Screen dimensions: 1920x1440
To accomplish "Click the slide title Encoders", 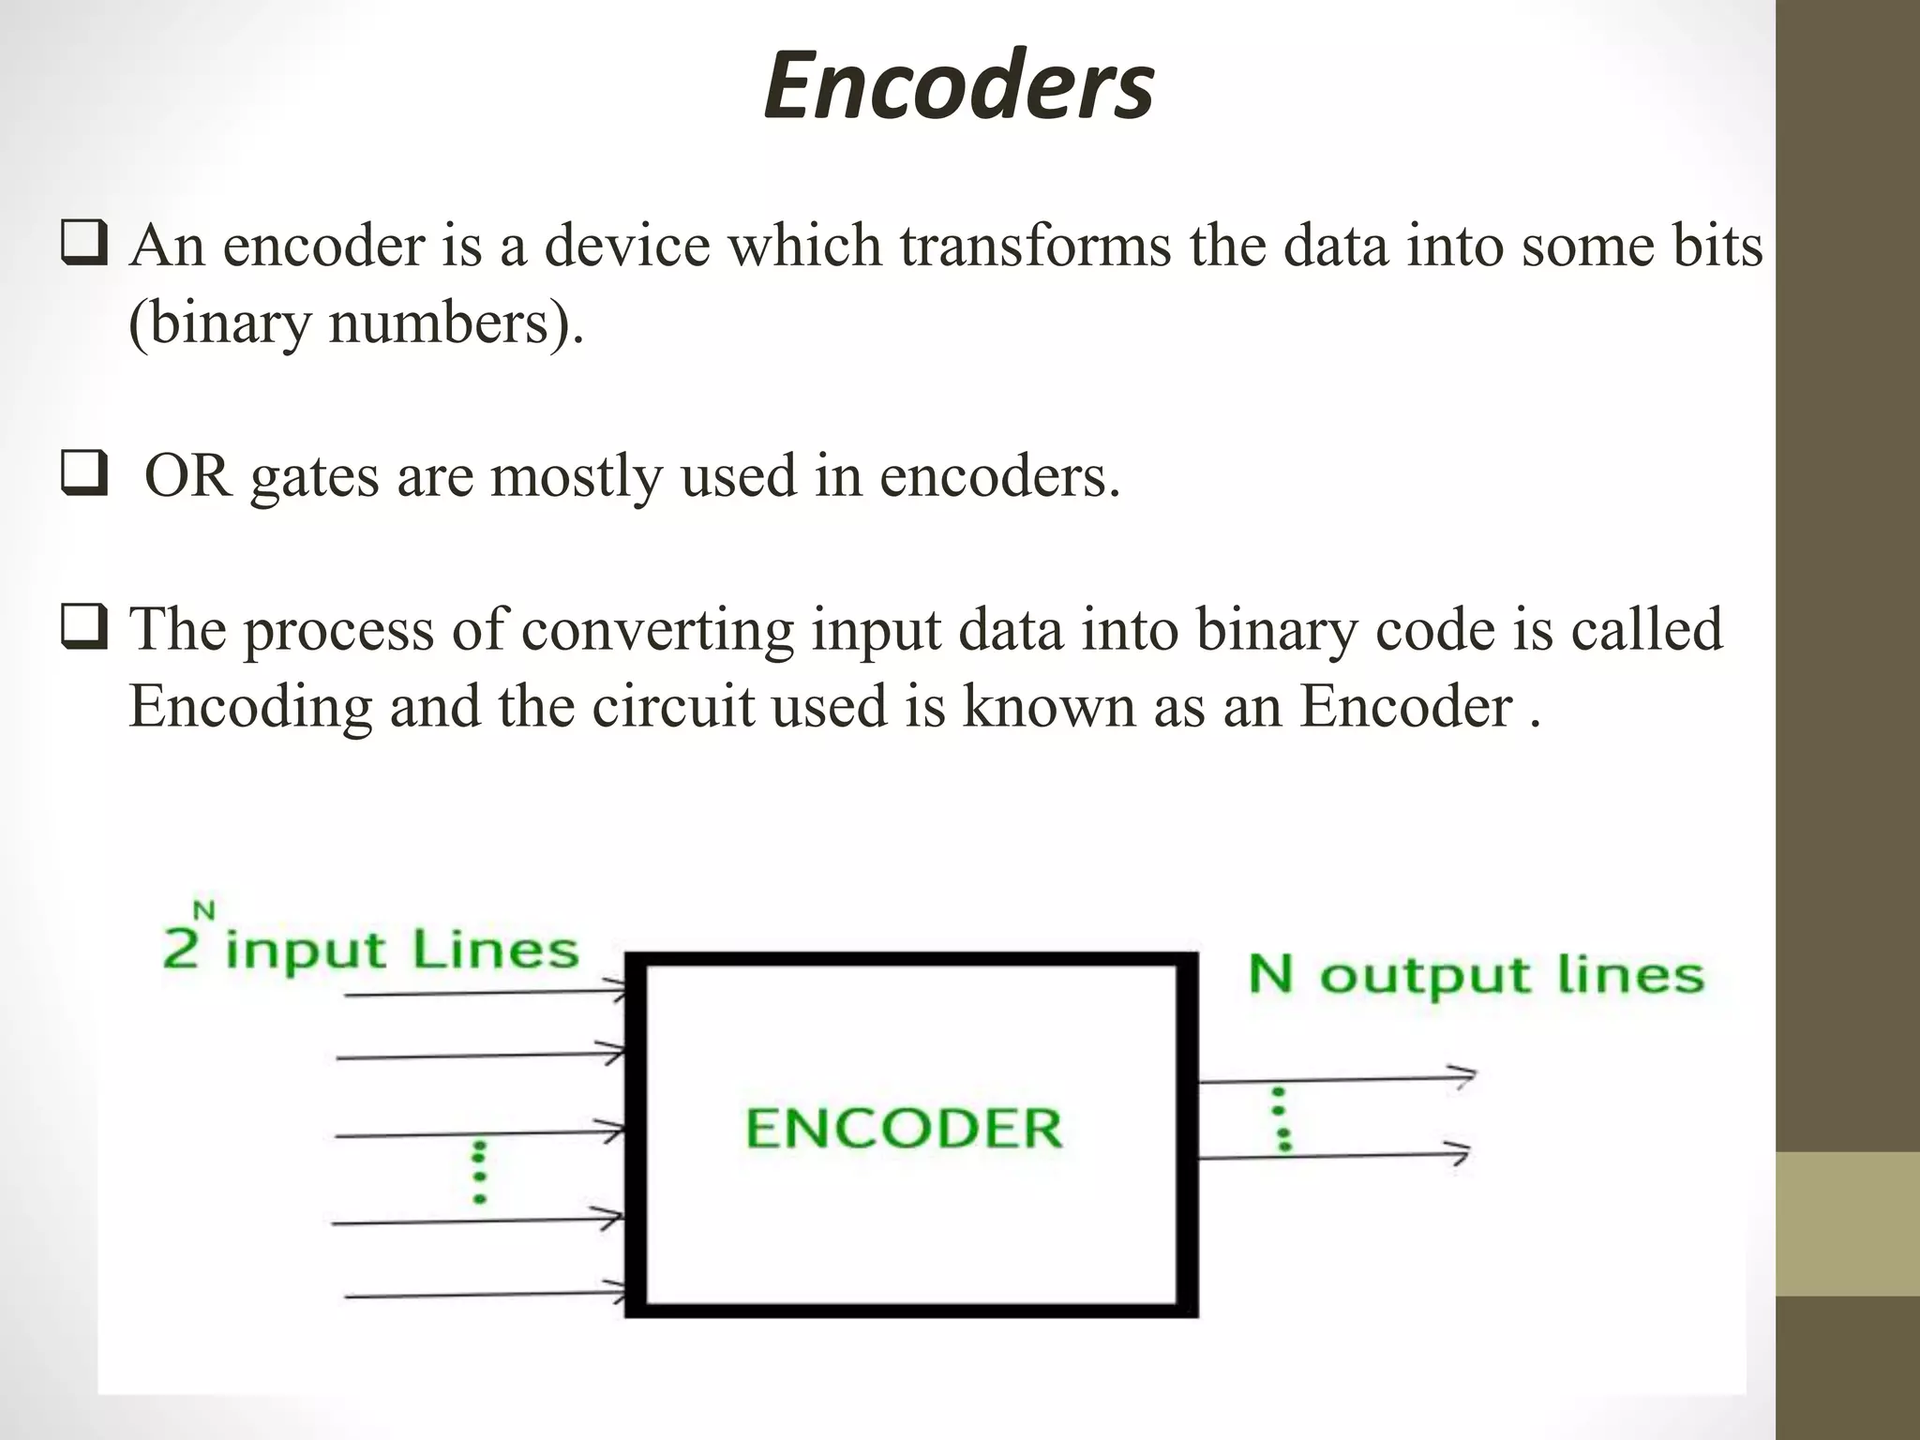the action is pos(958,86).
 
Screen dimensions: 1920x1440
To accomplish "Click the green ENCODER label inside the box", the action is pos(904,1128).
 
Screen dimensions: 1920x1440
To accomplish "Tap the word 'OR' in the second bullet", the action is pos(187,476).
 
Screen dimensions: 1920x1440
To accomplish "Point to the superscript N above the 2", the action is pos(203,909).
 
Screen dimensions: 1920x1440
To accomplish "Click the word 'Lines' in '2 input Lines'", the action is pos(496,951).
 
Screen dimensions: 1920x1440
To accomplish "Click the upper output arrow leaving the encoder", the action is pos(1337,1079).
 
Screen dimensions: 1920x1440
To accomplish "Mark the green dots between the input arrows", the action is pos(479,1173).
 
